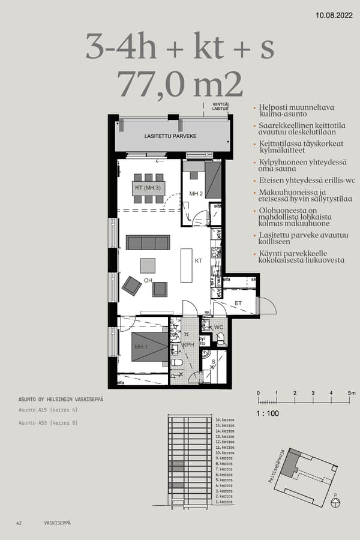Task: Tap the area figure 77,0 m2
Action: click(180, 84)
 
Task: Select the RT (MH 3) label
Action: click(148, 187)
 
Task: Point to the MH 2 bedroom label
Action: click(196, 194)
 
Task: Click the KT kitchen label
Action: click(199, 261)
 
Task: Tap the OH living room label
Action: click(148, 280)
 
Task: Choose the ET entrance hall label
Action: click(238, 304)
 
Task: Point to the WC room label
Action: click(219, 327)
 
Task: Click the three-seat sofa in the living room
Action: click(148, 242)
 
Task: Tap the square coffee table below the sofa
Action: click(148, 265)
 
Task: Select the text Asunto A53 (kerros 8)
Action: click(47, 423)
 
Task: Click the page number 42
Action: click(19, 523)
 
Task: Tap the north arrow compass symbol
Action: click(335, 500)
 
